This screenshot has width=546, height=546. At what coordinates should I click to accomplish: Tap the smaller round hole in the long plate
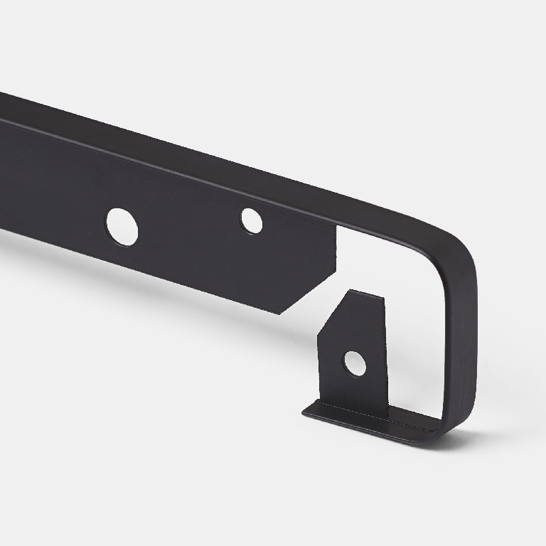(251, 220)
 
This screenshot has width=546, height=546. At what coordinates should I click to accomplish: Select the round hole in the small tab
(355, 363)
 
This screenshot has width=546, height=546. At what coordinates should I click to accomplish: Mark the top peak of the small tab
(350, 292)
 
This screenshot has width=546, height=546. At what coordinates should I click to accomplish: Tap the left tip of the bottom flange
(305, 410)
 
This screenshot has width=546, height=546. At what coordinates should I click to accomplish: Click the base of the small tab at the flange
(355, 405)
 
